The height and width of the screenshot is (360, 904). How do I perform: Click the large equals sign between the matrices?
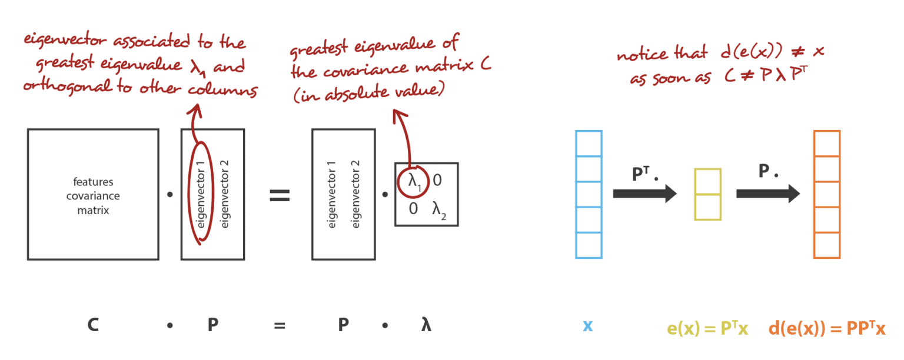[x=280, y=196]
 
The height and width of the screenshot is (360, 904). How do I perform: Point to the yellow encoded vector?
[x=708, y=195]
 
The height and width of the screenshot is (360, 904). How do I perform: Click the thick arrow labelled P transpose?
[x=644, y=194]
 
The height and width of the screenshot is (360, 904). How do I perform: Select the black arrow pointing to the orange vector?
[x=768, y=194]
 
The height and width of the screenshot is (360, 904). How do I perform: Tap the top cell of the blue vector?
[x=589, y=144]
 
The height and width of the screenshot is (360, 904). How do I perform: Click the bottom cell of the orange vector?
[x=827, y=245]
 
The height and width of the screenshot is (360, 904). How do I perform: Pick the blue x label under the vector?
[x=588, y=326]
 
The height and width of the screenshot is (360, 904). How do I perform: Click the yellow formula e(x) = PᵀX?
[x=707, y=328]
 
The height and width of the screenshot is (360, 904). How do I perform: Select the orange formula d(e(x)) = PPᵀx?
[x=827, y=328]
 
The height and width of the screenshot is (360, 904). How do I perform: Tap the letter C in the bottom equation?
[x=93, y=325]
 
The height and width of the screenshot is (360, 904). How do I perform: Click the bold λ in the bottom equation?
[x=426, y=325]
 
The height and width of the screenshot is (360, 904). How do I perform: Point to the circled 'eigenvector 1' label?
[x=201, y=195]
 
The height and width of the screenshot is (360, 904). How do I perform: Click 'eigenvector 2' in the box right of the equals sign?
[x=355, y=195]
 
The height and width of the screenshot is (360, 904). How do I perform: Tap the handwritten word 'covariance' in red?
[x=365, y=70]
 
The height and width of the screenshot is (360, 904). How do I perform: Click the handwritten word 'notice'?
[x=642, y=54]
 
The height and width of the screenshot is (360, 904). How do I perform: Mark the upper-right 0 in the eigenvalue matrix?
[x=437, y=181]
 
